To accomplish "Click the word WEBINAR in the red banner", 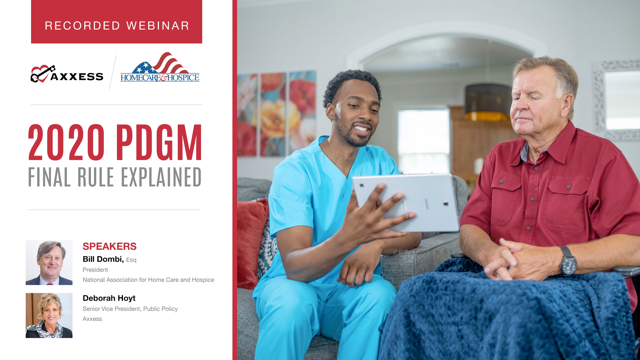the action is click(x=158, y=26).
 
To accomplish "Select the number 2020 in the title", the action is click(x=66, y=142).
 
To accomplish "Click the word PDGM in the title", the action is click(x=159, y=142).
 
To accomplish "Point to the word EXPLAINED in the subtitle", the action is click(x=161, y=177).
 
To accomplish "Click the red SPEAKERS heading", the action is click(x=109, y=246).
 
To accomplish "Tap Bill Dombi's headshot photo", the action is click(x=49, y=262).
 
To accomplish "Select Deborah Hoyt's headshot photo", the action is click(x=49, y=315).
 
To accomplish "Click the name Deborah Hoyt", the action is click(x=109, y=298).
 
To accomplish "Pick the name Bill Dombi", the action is click(x=103, y=259).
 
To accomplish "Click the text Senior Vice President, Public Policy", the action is click(x=130, y=309).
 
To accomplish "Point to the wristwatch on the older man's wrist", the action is click(x=568, y=262).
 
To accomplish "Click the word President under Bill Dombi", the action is click(x=95, y=270).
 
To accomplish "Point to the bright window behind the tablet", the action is click(x=423, y=140).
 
